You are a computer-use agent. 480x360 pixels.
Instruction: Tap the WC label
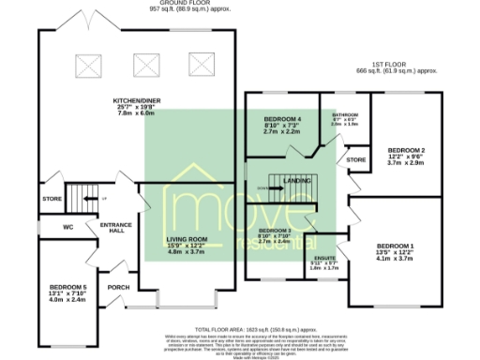point(67,227)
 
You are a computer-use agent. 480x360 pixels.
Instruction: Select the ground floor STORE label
point(51,199)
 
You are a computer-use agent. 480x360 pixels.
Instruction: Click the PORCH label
point(119,287)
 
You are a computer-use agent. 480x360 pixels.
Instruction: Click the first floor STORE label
point(355,160)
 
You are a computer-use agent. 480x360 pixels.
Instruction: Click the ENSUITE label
point(323,260)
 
